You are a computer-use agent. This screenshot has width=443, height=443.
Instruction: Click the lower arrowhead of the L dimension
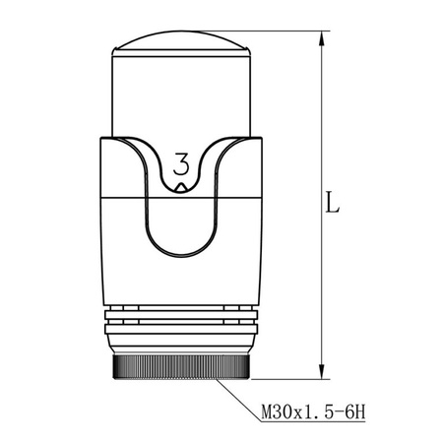coord(321,371)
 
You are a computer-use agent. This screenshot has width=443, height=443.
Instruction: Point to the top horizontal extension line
coord(295,32)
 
